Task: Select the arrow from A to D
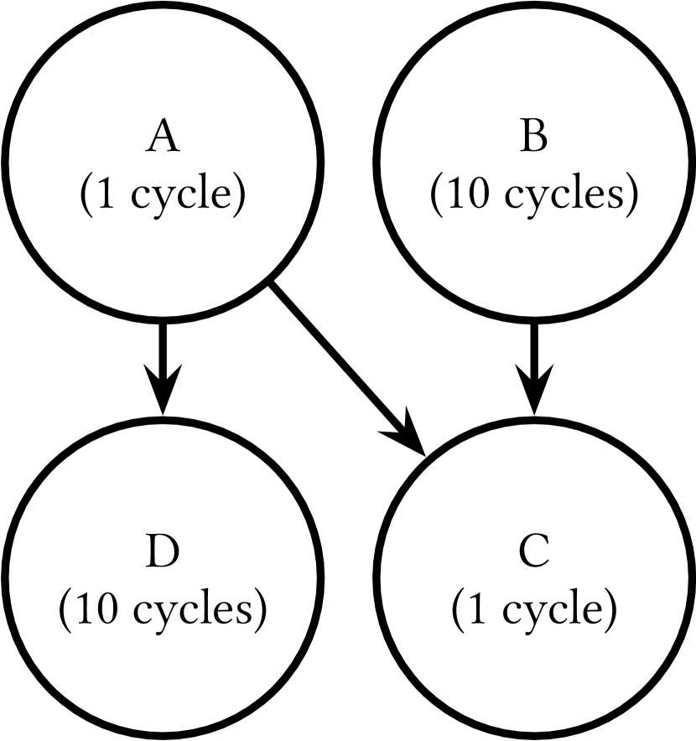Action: pyautogui.click(x=163, y=360)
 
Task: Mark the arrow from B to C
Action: pyautogui.click(x=533, y=360)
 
